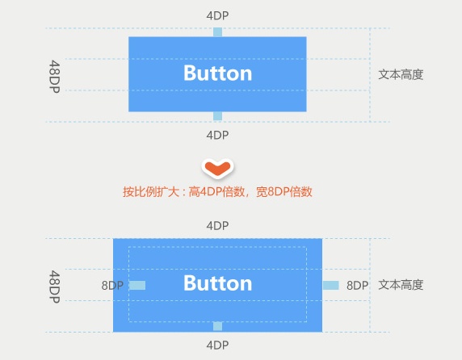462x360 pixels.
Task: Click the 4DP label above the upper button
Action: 217,15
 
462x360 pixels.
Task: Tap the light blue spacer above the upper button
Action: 217,32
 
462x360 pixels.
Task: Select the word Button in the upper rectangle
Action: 218,73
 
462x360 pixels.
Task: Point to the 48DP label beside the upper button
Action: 54,77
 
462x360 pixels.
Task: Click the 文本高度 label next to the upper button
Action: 401,75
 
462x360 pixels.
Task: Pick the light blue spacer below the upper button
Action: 217,116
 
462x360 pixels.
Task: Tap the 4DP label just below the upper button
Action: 217,136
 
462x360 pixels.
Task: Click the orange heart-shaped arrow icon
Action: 218,168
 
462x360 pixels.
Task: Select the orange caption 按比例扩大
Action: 151,192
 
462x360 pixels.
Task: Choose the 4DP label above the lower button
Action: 217,226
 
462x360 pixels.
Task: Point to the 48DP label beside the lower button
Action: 54,287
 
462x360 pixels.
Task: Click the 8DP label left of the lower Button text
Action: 112,286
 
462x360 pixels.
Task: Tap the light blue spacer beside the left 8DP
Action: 137,285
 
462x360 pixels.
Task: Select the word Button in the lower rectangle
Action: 218,283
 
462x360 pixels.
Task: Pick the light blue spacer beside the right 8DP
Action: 331,285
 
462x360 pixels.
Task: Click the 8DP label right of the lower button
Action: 357,286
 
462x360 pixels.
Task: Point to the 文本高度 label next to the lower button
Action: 401,285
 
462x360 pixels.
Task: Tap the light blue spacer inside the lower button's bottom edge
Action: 217,326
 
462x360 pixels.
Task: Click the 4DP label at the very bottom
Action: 217,345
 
